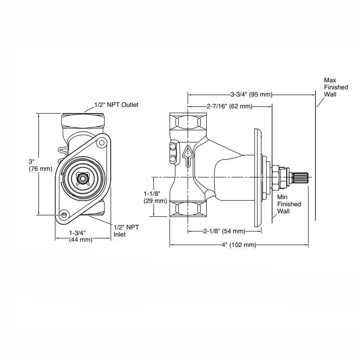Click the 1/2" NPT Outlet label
(116, 105)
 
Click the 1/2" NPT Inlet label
(126, 230)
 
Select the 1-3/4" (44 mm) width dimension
(80, 236)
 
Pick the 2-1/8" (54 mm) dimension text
(224, 231)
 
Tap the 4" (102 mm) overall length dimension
(239, 245)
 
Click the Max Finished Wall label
(335, 87)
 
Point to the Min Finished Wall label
(289, 204)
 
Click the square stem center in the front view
(83, 178)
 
